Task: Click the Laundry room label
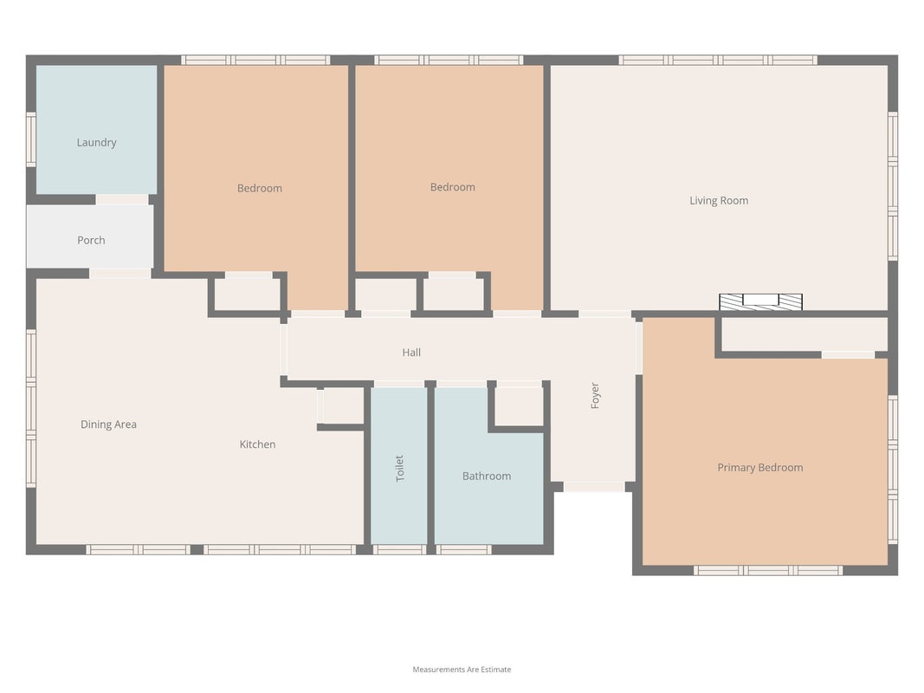point(97,143)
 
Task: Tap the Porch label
point(91,241)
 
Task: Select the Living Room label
point(719,201)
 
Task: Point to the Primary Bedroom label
point(760,468)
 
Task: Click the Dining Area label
point(108,424)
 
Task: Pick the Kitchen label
point(257,444)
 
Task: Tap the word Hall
point(411,353)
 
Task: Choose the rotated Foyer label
point(595,395)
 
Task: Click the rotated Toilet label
point(399,469)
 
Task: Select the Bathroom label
point(487,476)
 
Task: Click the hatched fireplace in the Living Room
point(761,301)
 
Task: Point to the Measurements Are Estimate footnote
point(462,670)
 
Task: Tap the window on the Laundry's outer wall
point(30,139)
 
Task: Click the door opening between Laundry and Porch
point(122,200)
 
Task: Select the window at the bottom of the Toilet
point(399,550)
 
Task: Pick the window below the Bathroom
point(464,550)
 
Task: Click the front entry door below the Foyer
point(594,487)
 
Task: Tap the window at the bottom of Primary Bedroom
point(768,571)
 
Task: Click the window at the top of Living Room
point(718,60)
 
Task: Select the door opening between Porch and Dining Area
point(120,274)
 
